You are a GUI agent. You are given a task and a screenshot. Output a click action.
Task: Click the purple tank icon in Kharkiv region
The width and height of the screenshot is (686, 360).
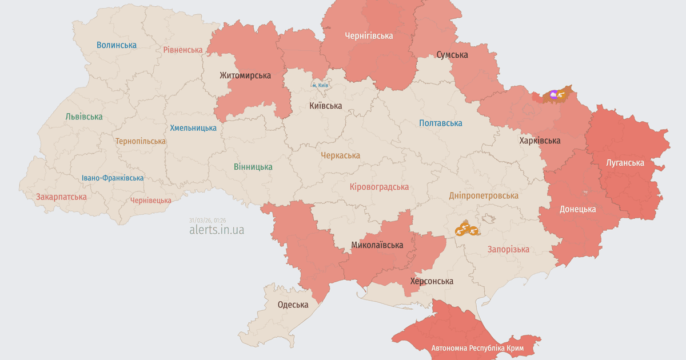(553, 94)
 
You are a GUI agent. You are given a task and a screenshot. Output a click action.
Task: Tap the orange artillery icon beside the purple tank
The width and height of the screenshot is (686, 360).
(563, 94)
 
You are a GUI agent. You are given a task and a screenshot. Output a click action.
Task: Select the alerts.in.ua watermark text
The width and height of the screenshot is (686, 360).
(217, 230)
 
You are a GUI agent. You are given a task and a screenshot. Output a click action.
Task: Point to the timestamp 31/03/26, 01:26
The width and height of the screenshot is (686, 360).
(208, 220)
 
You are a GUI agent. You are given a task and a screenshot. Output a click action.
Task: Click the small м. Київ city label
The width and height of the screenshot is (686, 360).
(320, 85)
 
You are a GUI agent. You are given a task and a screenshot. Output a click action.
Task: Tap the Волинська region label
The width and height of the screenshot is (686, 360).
(117, 45)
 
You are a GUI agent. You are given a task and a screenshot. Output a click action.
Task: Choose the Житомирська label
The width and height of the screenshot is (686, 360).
(245, 75)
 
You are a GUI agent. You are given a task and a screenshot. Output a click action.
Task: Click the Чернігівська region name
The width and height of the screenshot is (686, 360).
(369, 35)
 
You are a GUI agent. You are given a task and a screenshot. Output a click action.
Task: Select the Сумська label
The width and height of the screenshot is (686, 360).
(452, 55)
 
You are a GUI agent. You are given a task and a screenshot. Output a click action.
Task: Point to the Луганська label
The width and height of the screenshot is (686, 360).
(625, 162)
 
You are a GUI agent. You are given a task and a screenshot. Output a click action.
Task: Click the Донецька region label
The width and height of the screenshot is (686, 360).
(577, 209)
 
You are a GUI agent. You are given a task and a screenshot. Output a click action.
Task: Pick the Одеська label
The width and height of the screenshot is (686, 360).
(293, 305)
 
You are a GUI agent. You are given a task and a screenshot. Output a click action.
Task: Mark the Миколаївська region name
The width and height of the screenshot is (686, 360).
(377, 245)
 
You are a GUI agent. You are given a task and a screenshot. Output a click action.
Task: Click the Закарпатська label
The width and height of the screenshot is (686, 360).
(61, 197)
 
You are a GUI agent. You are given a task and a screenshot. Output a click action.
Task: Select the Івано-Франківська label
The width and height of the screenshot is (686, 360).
(113, 178)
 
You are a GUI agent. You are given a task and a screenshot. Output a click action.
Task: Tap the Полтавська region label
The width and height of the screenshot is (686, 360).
(440, 123)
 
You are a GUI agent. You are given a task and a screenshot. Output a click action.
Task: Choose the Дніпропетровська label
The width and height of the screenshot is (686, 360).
(484, 195)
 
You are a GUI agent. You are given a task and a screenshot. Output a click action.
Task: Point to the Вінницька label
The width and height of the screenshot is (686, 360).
(253, 167)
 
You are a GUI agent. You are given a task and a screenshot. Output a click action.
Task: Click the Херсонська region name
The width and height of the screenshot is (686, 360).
(432, 281)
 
